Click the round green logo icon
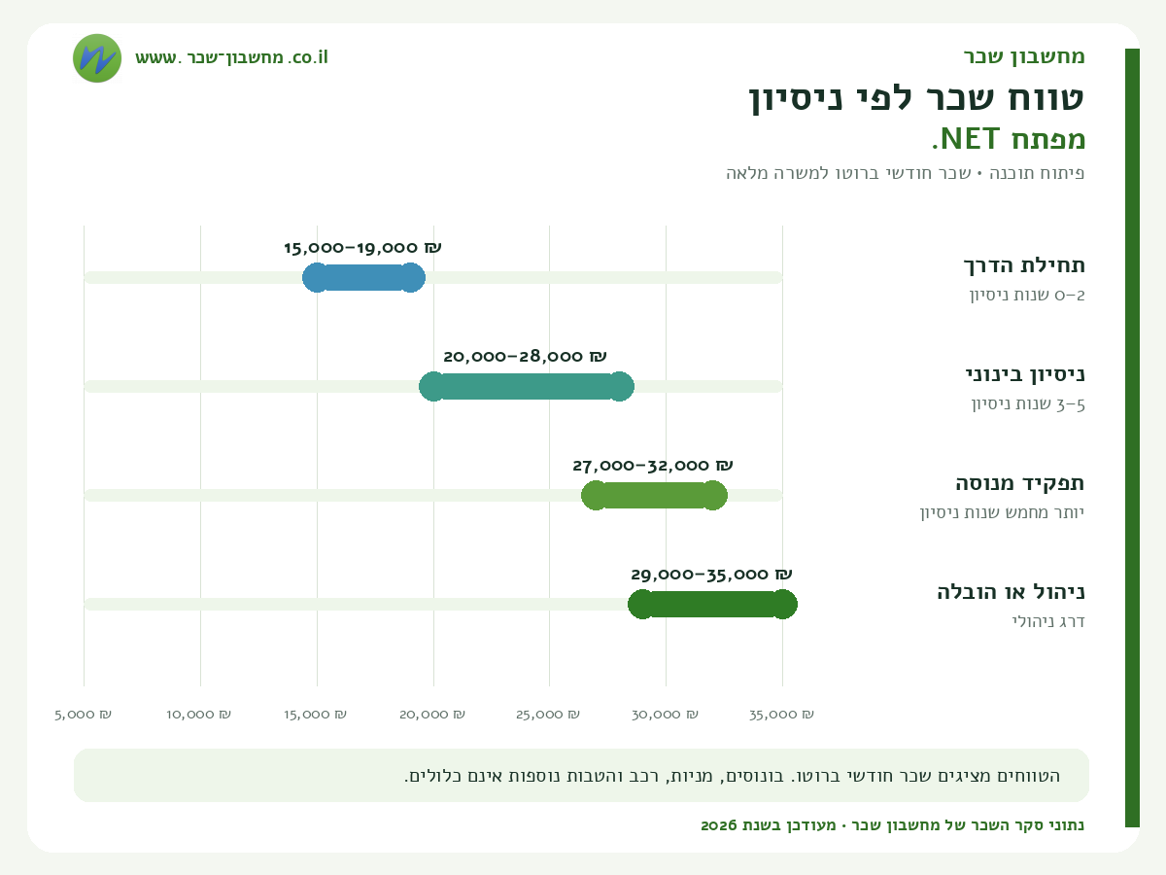pyautogui.click(x=97, y=58)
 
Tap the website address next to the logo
pyautogui.click(x=231, y=57)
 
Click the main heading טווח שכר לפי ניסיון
pyautogui.click(x=916, y=99)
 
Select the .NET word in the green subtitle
pyautogui.click(x=966, y=139)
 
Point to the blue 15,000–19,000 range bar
pyautogui.click(x=363, y=277)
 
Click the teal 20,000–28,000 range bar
pyautogui.click(x=527, y=386)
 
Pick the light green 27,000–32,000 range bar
pyautogui.click(x=654, y=495)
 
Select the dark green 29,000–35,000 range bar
pyautogui.click(x=712, y=604)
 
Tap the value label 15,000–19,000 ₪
pyautogui.click(x=362, y=248)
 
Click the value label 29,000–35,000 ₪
pyautogui.click(x=712, y=575)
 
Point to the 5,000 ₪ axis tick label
pyautogui.click(x=83, y=715)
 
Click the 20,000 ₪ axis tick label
pyautogui.click(x=432, y=715)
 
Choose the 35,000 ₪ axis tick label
pyautogui.click(x=781, y=715)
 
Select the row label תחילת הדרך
pyautogui.click(x=1024, y=265)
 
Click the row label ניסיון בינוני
pyautogui.click(x=1025, y=374)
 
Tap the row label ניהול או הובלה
pyautogui.click(x=1011, y=592)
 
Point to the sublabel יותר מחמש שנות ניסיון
pyautogui.click(x=1002, y=512)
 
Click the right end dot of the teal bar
pyautogui.click(x=620, y=386)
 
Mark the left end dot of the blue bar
pyautogui.click(x=317, y=277)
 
